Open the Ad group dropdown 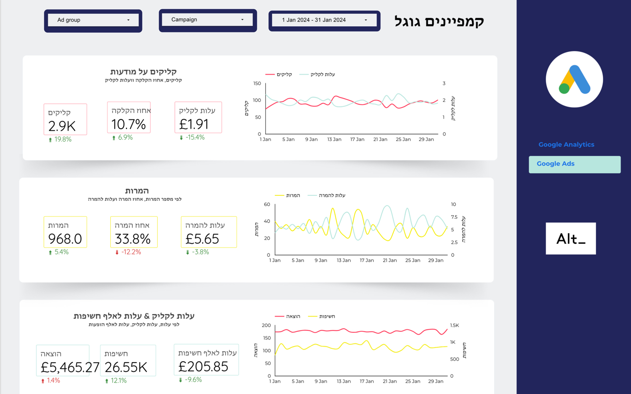click(x=93, y=20)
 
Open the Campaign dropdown click(x=208, y=20)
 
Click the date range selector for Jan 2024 click(x=324, y=20)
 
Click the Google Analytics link click(x=566, y=145)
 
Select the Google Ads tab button click(x=574, y=164)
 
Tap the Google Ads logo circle click(x=574, y=79)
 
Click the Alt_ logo click(x=571, y=239)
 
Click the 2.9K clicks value click(x=62, y=126)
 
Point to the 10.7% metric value click(x=129, y=124)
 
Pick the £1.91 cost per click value click(x=194, y=124)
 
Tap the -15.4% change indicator click(x=192, y=137)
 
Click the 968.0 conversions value click(x=65, y=239)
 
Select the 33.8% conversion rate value click(x=133, y=239)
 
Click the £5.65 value click(x=202, y=239)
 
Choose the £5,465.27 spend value click(x=70, y=367)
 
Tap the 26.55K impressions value click(x=126, y=367)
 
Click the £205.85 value click(x=203, y=366)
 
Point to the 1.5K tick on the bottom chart click(x=454, y=325)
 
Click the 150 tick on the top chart click(x=257, y=83)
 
